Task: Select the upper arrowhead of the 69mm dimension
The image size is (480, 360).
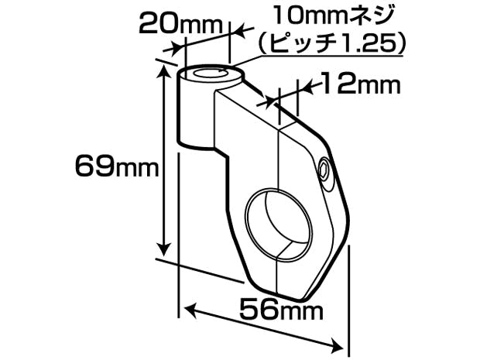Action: point(164,72)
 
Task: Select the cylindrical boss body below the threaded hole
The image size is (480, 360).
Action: point(196,116)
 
